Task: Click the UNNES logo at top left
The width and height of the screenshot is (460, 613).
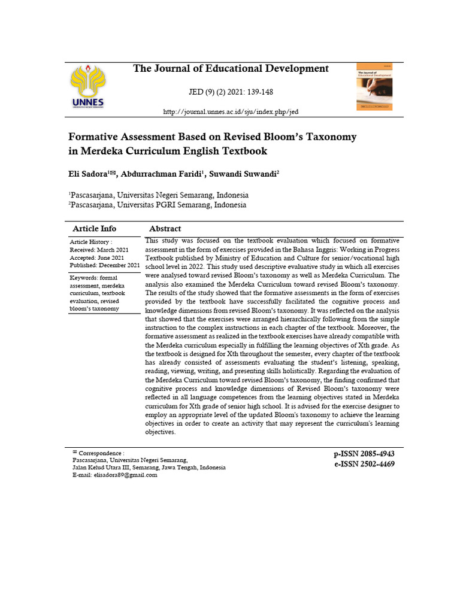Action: pos(87,87)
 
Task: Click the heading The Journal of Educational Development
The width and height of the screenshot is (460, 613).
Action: pos(231,69)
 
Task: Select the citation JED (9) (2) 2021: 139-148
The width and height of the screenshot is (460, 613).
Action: pos(231,93)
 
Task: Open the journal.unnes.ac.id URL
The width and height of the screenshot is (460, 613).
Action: pos(231,112)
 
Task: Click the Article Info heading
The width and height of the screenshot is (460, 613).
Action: pos(94,229)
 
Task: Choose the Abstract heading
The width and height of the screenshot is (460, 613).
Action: pos(165,229)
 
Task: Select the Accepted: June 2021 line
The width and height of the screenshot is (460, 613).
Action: pos(97,257)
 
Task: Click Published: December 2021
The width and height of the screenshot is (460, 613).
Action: pos(105,265)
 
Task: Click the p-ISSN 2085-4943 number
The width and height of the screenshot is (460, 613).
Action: pos(364,454)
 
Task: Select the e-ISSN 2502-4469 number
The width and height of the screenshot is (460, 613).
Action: pos(364,464)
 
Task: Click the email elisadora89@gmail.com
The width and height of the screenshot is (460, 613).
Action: pos(125,475)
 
